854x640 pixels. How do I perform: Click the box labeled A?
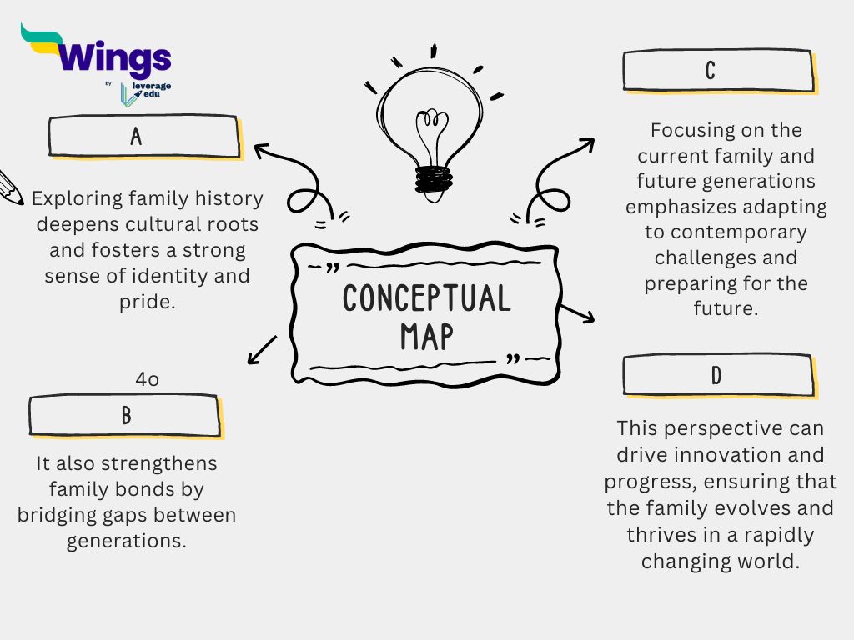[x=145, y=137]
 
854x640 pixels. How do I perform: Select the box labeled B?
[x=127, y=416]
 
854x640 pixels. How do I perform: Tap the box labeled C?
[x=720, y=72]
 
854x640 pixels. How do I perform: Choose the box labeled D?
[x=720, y=376]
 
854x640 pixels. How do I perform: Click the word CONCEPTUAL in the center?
[x=427, y=297]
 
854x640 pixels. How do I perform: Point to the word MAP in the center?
[x=427, y=337]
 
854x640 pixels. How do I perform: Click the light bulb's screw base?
[x=434, y=180]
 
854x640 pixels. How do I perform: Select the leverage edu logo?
[x=145, y=93]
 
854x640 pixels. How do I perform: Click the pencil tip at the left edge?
[x=20, y=201]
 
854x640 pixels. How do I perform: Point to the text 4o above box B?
[x=147, y=379]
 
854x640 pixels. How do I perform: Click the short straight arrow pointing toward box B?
[x=262, y=350]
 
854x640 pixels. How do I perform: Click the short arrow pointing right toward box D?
[x=577, y=313]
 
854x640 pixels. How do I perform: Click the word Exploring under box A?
[x=77, y=199]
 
